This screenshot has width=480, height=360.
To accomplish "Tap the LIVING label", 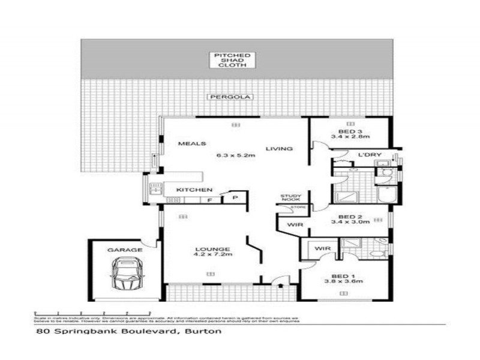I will click(x=280, y=149).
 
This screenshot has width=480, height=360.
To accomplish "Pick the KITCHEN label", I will click(x=186, y=191).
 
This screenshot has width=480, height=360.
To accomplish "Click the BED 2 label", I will click(x=350, y=217).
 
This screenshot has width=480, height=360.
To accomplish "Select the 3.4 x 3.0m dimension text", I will click(x=351, y=223).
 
